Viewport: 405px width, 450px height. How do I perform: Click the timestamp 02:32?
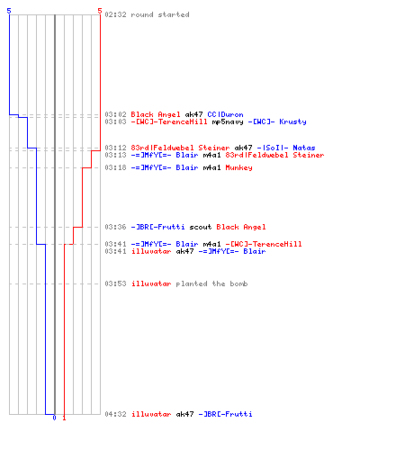pos(115,14)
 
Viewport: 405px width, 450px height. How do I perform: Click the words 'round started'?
pos(160,14)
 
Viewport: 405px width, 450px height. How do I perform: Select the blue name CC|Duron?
pos(225,114)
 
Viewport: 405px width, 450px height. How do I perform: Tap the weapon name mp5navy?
pos(228,121)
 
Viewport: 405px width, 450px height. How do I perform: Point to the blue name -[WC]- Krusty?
pos(277,121)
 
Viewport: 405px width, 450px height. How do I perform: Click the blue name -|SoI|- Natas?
pos(286,148)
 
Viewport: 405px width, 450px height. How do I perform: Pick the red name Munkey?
pos(238,167)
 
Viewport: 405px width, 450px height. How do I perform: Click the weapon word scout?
pos(201,227)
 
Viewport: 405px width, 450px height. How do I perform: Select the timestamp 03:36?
pos(115,227)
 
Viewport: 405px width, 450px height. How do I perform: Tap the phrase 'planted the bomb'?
pos(211,283)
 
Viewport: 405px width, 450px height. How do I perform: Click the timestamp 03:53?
pos(115,283)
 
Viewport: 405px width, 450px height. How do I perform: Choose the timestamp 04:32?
pos(115,414)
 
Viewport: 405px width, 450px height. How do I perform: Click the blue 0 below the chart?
pos(54,418)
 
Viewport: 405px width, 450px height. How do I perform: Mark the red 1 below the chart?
pos(64,418)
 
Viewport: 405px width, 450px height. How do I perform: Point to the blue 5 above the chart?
pos(9,11)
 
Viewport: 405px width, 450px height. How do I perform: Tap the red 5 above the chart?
pos(100,11)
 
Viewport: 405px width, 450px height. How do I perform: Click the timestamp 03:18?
pos(115,167)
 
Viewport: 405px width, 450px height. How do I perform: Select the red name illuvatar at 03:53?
pos(151,283)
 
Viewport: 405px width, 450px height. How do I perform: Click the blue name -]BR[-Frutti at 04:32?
pos(225,414)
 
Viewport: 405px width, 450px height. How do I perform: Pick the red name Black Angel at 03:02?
pos(156,114)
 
